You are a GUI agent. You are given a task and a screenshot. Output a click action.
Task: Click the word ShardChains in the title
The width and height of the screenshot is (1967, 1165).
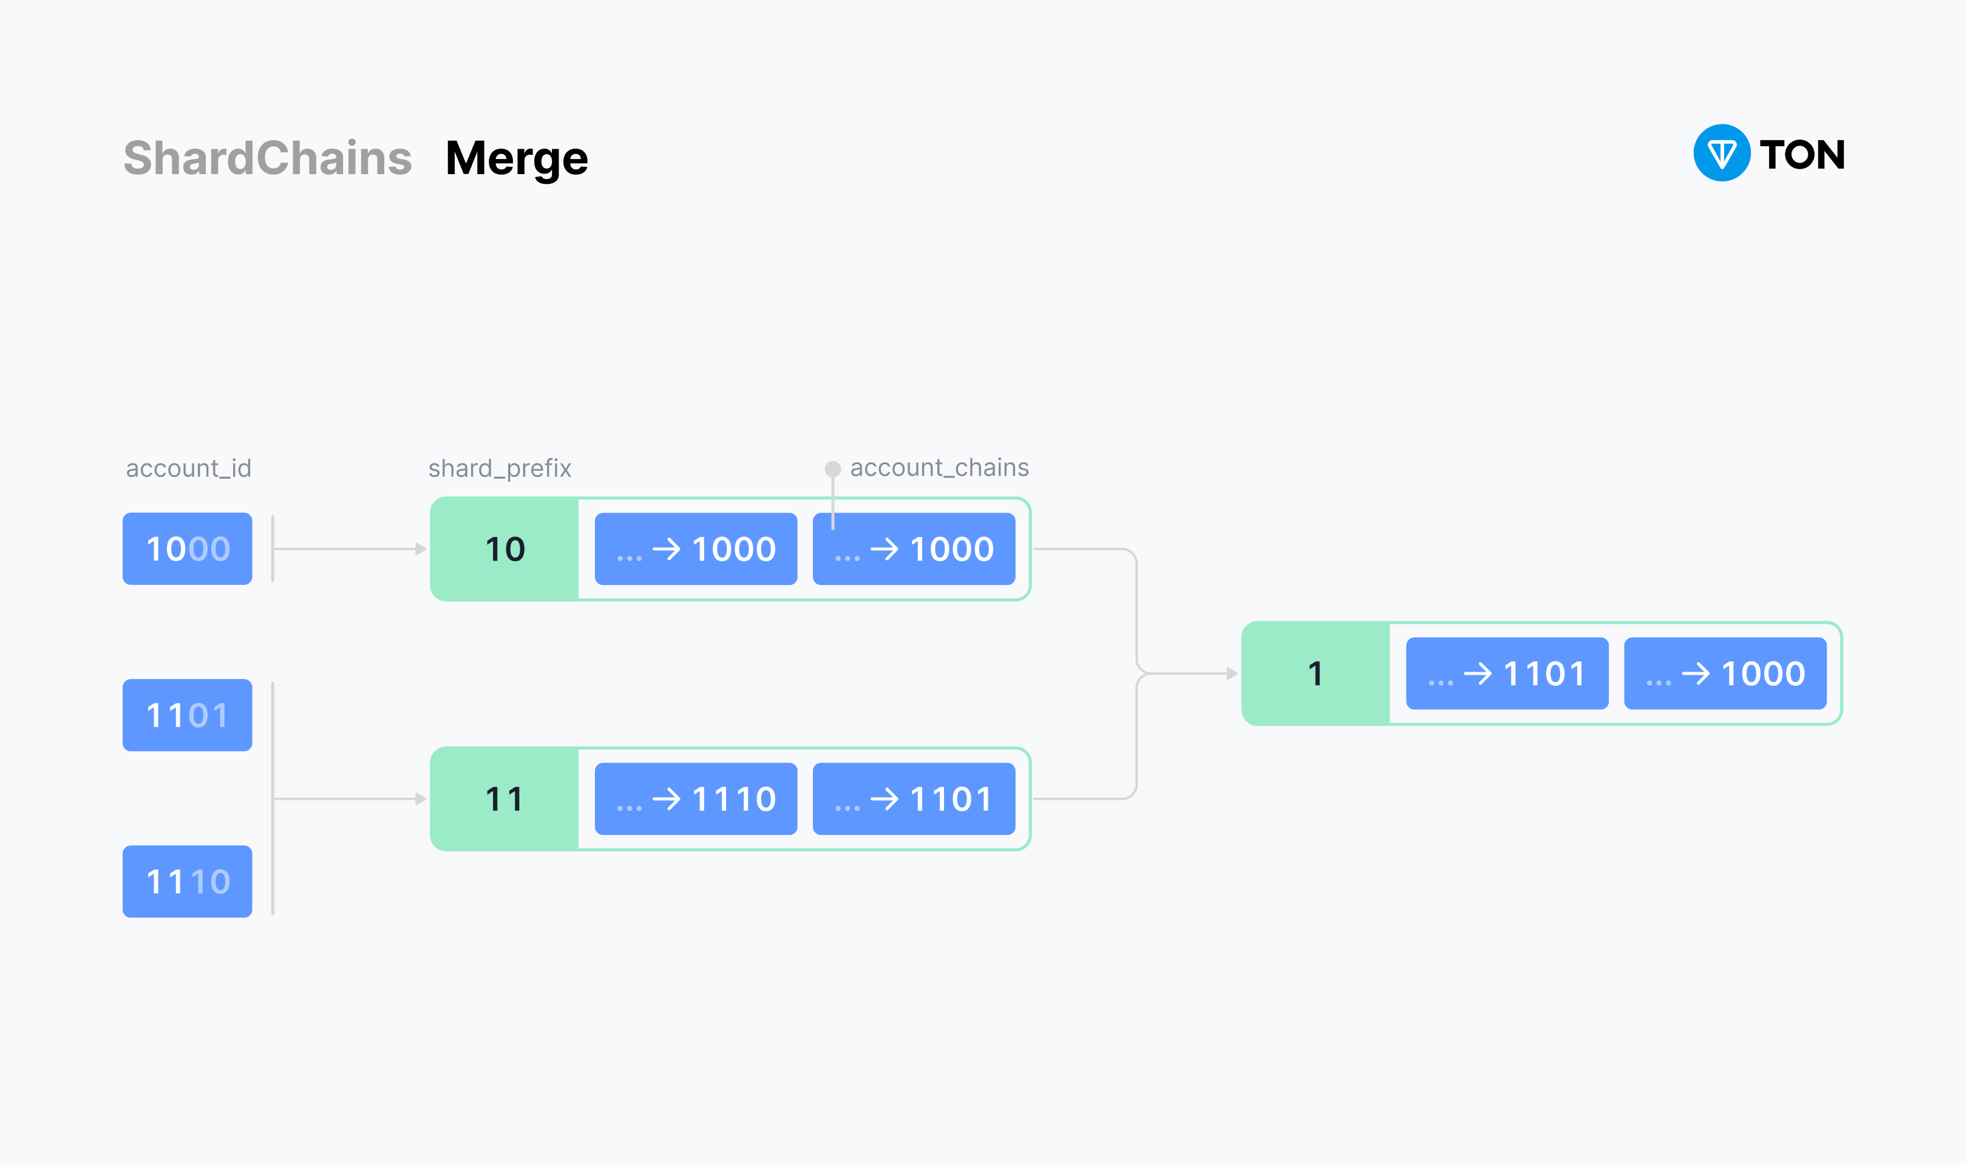268,158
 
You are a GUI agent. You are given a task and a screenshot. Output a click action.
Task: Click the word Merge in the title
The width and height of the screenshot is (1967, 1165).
516,158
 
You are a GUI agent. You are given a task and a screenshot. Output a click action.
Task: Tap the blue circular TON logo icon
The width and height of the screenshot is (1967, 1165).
1721,153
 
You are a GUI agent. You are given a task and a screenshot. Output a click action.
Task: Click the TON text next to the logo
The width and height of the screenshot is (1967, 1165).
1801,155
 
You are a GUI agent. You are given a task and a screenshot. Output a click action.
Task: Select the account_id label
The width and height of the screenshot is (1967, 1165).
188,468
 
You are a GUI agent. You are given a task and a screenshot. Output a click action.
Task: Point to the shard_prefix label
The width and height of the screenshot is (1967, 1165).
500,468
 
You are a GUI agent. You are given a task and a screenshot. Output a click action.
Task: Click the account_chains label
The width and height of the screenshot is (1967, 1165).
939,468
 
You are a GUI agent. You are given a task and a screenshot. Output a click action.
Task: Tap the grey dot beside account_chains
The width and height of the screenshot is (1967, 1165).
832,470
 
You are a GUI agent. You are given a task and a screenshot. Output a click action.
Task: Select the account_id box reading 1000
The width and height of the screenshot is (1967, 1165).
187,549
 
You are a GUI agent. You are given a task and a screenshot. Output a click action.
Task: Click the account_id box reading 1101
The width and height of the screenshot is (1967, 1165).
187,715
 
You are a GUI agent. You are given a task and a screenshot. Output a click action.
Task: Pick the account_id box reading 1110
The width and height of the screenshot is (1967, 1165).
187,882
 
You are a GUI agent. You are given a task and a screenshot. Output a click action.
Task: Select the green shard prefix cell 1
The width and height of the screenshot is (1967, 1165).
1315,674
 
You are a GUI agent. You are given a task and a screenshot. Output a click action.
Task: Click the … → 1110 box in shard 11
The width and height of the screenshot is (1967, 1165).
696,799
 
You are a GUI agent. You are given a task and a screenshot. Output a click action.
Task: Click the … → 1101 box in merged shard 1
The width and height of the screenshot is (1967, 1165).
1506,674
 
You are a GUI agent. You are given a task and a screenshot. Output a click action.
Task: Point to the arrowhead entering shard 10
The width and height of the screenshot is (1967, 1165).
421,549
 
